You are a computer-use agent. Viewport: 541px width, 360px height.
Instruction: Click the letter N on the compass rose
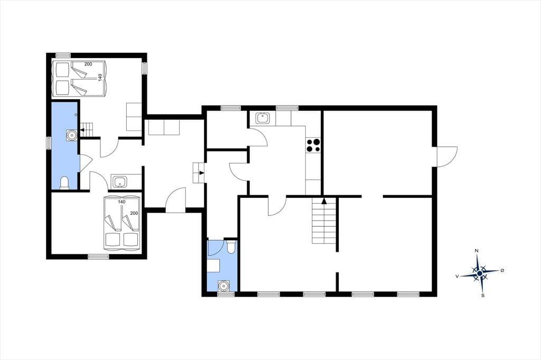pos(477,251)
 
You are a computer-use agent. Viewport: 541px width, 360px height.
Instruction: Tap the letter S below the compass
pos(483,295)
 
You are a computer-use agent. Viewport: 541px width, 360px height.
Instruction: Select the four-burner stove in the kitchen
pos(313,145)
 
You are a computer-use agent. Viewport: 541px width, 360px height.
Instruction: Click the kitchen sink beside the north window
pos(263,118)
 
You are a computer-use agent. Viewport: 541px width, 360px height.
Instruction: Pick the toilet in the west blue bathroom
pos(64,183)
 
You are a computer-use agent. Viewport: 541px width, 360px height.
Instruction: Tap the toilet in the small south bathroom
pos(231,247)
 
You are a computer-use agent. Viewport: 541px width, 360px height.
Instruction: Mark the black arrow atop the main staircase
pos(324,201)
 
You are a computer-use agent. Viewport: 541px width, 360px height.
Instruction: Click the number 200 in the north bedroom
pos(88,64)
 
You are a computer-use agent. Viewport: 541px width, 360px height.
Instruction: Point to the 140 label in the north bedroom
pos(100,77)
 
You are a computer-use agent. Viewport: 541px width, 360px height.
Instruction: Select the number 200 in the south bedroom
pos(134,213)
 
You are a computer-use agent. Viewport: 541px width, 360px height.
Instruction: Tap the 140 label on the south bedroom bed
pos(122,202)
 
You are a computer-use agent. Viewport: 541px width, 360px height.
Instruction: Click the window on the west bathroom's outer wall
pos(49,143)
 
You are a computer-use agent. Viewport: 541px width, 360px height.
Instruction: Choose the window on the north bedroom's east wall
pos(145,68)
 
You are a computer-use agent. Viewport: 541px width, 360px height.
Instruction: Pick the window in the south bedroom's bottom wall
pos(98,257)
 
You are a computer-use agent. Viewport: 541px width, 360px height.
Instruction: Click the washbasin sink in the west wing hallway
pos(119,182)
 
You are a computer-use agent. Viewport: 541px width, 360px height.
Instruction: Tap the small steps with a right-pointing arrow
pos(199,173)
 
